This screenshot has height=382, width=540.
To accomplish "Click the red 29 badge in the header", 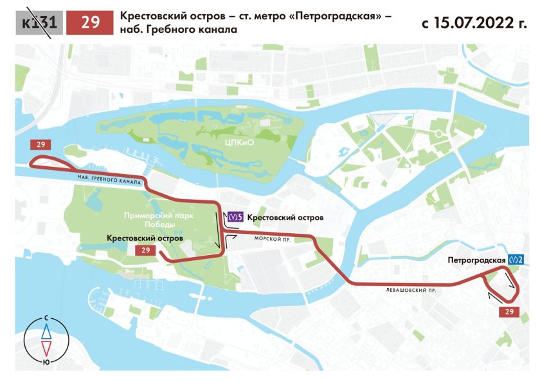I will pos(91,23).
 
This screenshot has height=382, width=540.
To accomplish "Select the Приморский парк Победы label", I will pos(156,222).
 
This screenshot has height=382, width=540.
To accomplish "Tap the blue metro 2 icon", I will pos(516,260).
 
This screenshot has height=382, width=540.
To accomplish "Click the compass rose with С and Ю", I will pos(47,339).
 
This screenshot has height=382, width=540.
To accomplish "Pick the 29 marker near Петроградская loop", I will pos(510,312).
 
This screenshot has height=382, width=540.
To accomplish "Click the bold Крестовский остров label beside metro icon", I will pos(285,218).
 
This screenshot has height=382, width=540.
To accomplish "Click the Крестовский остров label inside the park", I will pos(145,238).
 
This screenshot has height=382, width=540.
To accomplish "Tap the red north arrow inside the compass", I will pos(47,348).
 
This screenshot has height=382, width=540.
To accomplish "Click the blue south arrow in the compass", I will pos(47,332).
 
